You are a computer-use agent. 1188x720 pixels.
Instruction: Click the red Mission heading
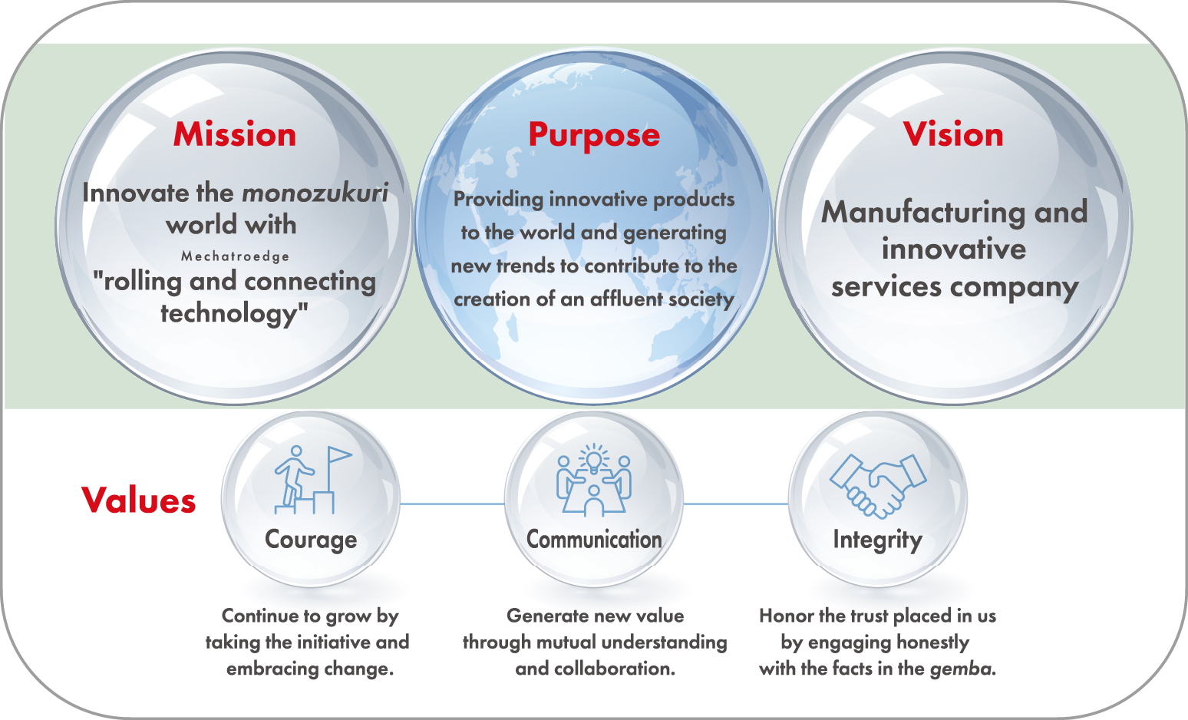click(x=234, y=134)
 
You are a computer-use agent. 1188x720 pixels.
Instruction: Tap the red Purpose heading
click(x=594, y=136)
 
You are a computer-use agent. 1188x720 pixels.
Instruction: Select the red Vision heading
click(x=953, y=134)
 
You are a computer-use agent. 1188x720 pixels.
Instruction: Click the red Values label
click(x=138, y=500)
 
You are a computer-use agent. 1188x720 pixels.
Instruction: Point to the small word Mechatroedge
click(x=236, y=257)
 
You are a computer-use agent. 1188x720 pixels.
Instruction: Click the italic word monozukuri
click(x=315, y=193)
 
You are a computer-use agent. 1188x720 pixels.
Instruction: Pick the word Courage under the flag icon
click(x=311, y=540)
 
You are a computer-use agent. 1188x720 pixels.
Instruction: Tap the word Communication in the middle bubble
click(x=594, y=539)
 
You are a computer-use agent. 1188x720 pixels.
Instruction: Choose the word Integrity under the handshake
click(x=878, y=540)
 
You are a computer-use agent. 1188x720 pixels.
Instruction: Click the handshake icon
click(x=878, y=485)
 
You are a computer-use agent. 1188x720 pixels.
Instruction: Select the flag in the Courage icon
click(x=339, y=455)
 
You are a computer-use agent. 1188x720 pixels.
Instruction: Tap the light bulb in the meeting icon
click(x=593, y=460)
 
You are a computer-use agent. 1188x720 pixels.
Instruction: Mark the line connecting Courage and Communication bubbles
click(x=452, y=504)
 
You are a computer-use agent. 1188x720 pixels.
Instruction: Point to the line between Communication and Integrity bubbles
click(x=736, y=504)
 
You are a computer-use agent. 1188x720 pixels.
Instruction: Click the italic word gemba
click(x=962, y=669)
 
